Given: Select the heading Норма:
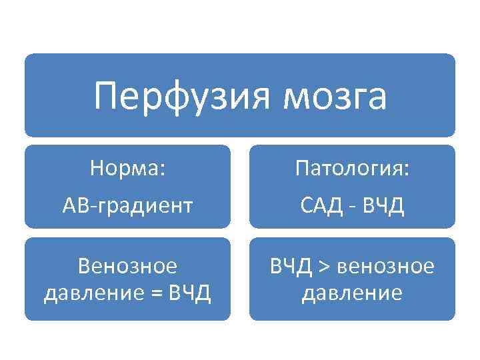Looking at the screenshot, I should (127, 169).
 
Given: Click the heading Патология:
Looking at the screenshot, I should (352, 169).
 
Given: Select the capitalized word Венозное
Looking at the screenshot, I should (127, 267).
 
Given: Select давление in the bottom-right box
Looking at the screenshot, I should (352, 293).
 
